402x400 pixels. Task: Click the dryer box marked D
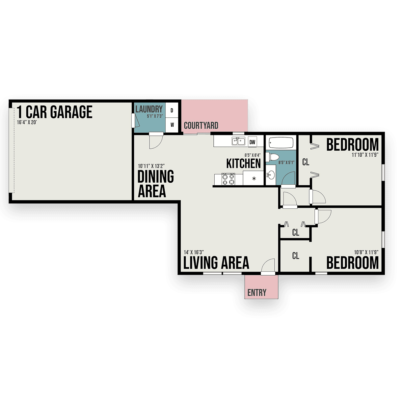tap(172, 110)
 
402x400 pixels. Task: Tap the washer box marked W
tap(172, 125)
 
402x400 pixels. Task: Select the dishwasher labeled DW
tap(253, 142)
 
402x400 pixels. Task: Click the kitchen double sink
tap(238, 141)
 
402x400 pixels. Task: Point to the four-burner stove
tap(228, 179)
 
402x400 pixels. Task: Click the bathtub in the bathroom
tap(281, 143)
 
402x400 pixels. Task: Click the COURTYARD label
tap(201, 126)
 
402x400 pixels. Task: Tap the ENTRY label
tap(257, 293)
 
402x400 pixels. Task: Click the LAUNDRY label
tap(149, 109)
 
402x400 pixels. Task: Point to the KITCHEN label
tap(243, 164)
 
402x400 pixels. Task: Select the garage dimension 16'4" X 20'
tap(27, 122)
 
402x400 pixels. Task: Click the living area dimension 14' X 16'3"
tap(194, 252)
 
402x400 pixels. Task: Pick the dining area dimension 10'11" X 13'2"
tap(151, 166)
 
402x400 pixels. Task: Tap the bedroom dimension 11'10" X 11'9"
tap(365, 155)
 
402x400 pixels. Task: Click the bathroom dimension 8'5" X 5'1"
tap(286, 162)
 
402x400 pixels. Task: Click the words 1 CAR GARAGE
tap(54, 112)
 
